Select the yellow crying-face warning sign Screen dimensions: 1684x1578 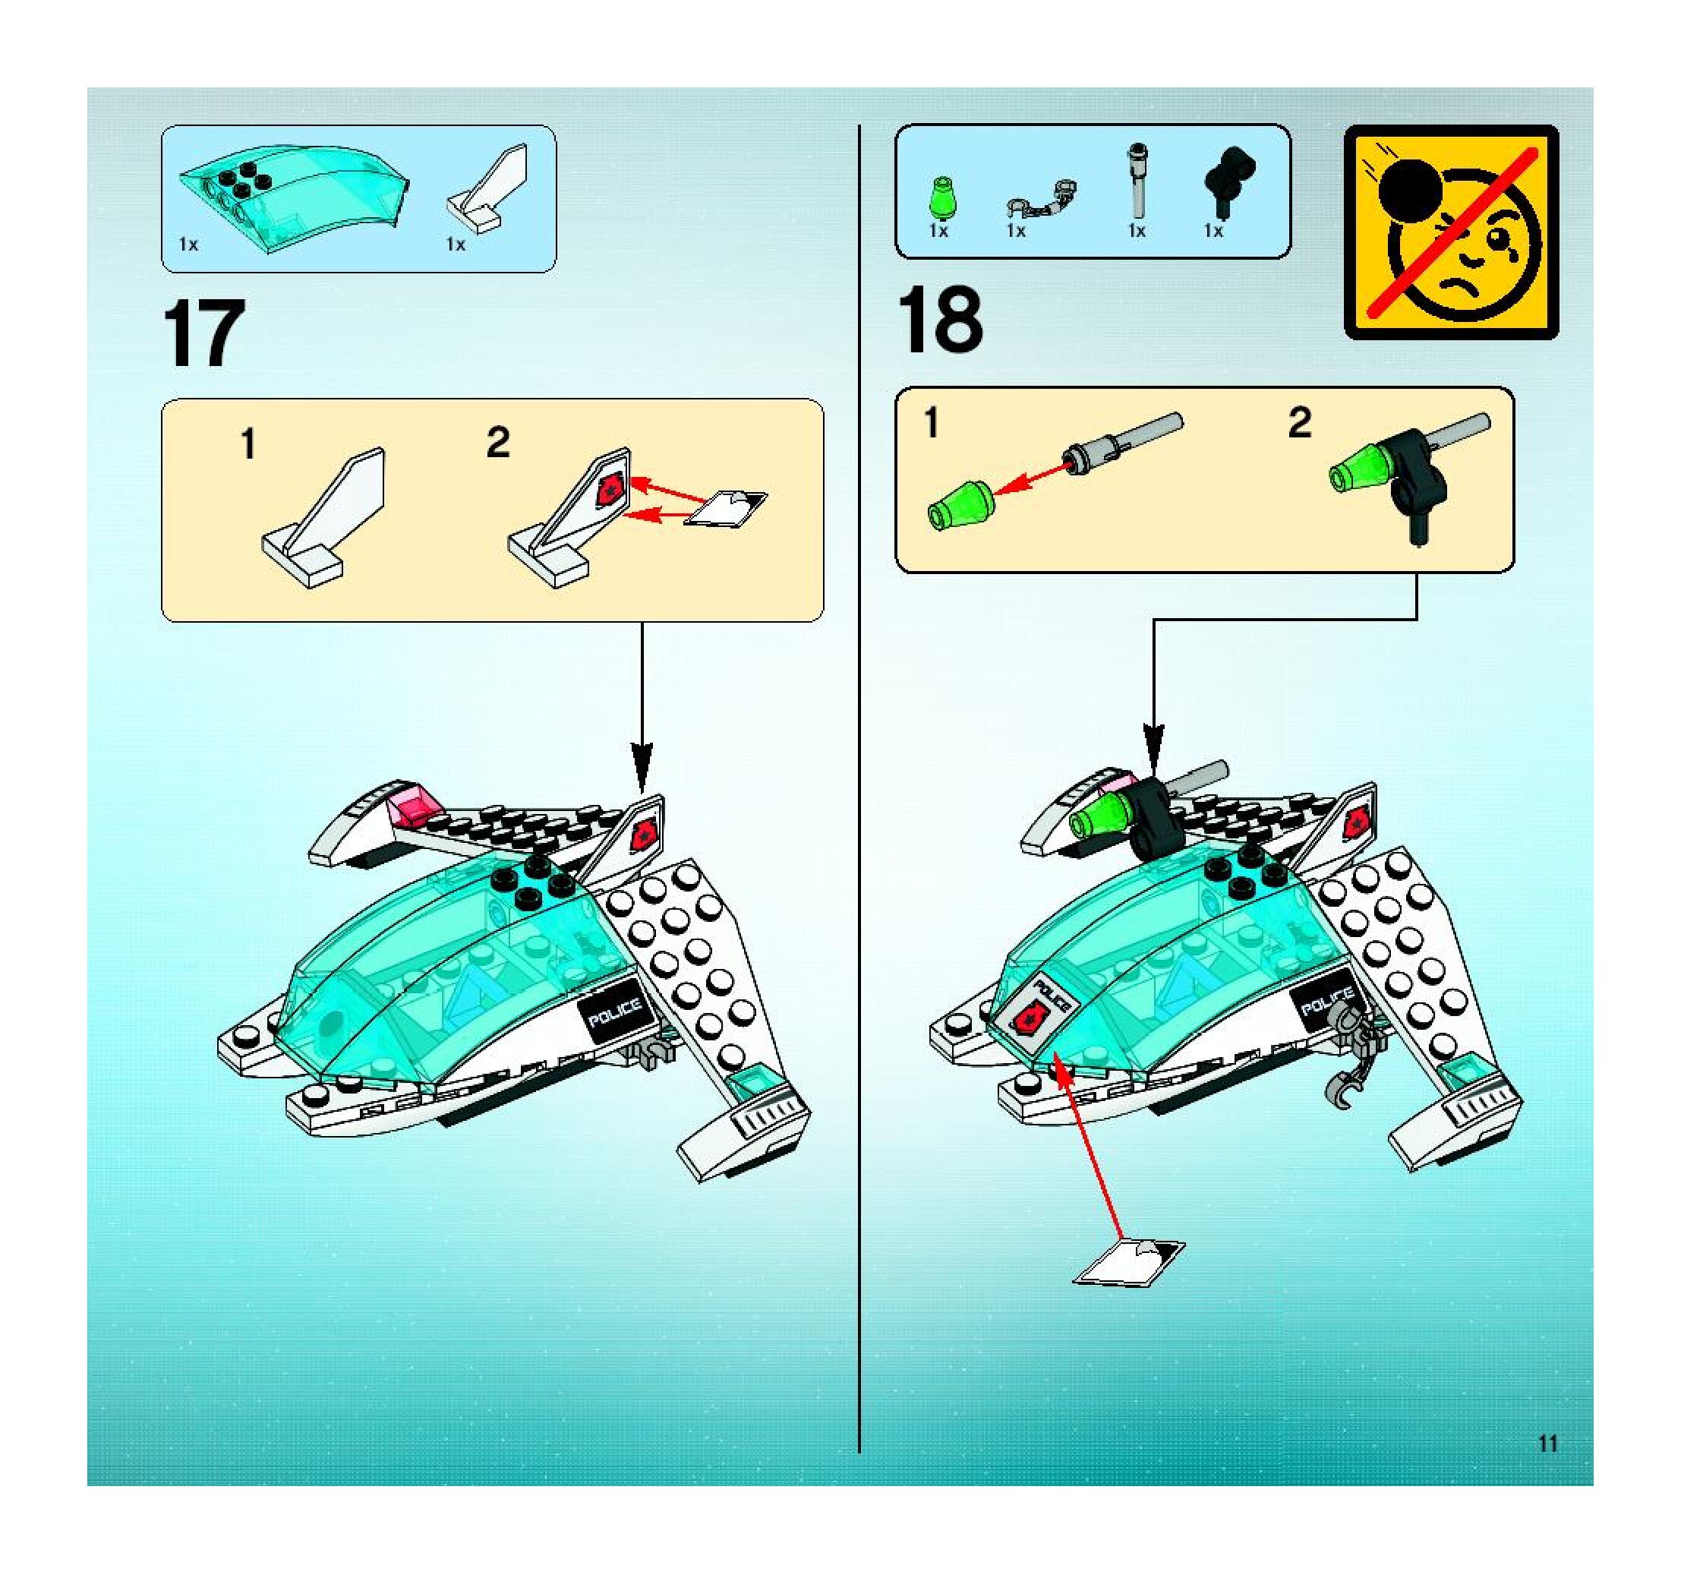click(1451, 232)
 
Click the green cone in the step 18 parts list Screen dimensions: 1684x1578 click(939, 198)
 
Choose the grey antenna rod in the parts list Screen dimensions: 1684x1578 click(1136, 182)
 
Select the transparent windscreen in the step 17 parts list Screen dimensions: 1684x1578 click(295, 197)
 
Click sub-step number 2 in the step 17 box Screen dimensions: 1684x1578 click(498, 442)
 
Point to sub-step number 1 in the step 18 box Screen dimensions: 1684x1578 click(932, 421)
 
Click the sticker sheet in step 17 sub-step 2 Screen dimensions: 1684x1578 click(725, 508)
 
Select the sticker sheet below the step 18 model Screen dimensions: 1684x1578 click(1128, 1262)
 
